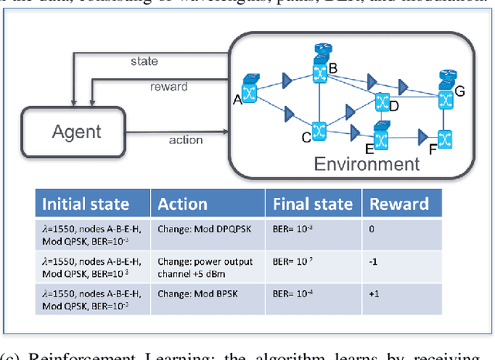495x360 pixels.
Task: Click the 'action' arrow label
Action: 186,139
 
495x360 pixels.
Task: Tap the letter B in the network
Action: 333,67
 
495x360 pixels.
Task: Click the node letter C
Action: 306,138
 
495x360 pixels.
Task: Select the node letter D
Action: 393,105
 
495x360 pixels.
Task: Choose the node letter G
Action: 459,91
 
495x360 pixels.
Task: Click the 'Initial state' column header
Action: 85,204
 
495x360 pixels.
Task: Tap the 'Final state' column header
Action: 312,204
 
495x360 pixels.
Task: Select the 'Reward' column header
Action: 399,204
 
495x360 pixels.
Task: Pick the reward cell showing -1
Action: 374,262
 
